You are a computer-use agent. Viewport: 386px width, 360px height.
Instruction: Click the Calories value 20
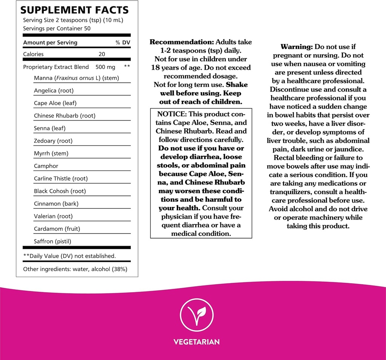(x=102, y=54)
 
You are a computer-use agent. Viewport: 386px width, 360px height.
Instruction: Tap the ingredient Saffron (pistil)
(x=52, y=241)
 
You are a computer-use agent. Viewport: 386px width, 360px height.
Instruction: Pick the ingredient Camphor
(x=46, y=166)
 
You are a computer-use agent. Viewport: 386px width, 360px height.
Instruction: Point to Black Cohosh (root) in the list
(x=60, y=191)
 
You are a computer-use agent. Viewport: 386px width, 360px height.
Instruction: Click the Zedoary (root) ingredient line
(x=53, y=141)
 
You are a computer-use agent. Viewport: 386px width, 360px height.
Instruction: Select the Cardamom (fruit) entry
(x=57, y=229)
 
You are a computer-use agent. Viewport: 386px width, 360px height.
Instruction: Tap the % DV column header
(x=123, y=43)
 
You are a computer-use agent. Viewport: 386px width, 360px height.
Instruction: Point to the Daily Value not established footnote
(x=69, y=256)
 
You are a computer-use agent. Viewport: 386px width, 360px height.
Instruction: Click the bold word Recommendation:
(x=181, y=42)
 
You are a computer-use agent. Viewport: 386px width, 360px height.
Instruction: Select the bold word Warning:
(x=297, y=47)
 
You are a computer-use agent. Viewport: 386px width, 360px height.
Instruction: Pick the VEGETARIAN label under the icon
(x=196, y=342)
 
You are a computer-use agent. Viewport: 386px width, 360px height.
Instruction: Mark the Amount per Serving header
(x=50, y=43)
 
